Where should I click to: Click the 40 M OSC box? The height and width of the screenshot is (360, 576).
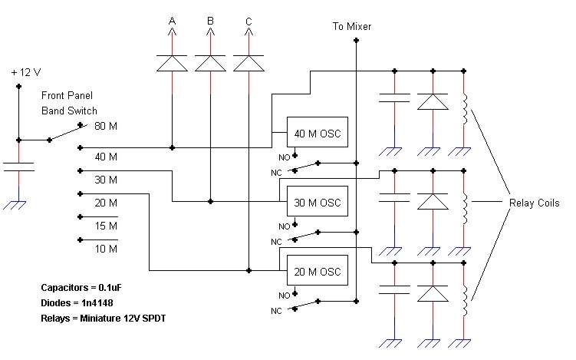click(317, 132)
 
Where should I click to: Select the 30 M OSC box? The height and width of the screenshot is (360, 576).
click(317, 201)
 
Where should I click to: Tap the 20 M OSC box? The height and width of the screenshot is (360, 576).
click(317, 270)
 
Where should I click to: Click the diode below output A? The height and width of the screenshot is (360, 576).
click(172, 63)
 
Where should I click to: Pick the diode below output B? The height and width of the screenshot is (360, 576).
click(210, 63)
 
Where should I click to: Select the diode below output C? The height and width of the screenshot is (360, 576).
click(249, 63)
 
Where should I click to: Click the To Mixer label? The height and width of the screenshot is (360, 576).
click(351, 26)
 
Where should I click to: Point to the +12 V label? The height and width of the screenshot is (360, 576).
click(26, 72)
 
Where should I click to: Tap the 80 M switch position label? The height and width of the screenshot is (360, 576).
click(106, 126)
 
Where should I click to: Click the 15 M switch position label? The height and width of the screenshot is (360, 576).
click(106, 226)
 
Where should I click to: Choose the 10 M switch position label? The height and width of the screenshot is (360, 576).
click(106, 249)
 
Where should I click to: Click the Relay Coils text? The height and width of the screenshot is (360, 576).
click(534, 203)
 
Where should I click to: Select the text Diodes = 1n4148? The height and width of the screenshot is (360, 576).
click(77, 303)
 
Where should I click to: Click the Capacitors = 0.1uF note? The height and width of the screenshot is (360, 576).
click(81, 288)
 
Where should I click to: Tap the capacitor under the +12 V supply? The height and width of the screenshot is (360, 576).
click(18, 167)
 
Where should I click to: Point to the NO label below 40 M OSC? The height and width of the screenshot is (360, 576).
click(285, 157)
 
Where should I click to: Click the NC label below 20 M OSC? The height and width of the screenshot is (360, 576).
click(276, 311)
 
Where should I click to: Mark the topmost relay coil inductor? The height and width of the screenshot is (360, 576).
click(465, 109)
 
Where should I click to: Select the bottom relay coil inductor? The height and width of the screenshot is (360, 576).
click(465, 301)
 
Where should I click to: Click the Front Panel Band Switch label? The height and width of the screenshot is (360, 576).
click(69, 104)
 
